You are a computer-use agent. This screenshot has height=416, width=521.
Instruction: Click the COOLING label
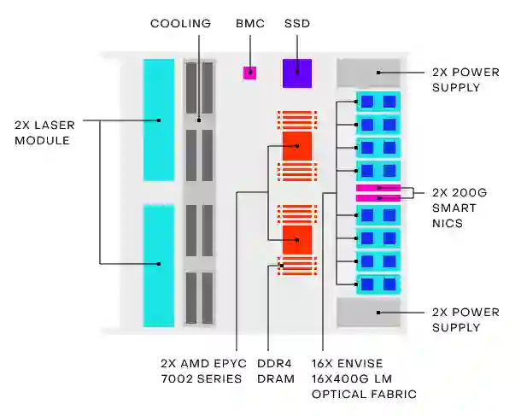click(x=180, y=23)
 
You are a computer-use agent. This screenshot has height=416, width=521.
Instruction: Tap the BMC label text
click(x=250, y=23)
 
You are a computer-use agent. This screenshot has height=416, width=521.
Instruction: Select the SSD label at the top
click(x=297, y=23)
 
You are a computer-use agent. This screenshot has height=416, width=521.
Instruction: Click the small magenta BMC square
click(x=249, y=73)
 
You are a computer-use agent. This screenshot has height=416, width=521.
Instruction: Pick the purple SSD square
click(x=297, y=73)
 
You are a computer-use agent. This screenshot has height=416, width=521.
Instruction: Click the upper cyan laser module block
click(x=159, y=120)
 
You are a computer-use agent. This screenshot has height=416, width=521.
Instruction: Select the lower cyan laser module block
click(x=159, y=265)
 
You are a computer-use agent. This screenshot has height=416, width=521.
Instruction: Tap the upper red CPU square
click(x=296, y=146)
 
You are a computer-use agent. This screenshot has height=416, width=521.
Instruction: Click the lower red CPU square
click(x=296, y=240)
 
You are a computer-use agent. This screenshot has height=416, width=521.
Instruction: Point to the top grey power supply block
click(x=369, y=73)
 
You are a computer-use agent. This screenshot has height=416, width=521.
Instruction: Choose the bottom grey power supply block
click(x=369, y=312)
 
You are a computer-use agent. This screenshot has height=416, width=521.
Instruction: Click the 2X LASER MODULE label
click(x=42, y=132)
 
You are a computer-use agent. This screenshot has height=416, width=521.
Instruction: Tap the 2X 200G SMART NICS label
click(x=460, y=208)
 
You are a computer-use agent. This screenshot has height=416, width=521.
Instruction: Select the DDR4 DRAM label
click(x=276, y=370)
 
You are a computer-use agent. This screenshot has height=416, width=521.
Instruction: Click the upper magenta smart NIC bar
click(x=378, y=187)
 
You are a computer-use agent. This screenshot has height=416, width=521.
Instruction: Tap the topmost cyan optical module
click(x=378, y=102)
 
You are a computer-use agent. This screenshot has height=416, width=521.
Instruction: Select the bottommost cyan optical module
click(x=378, y=284)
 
